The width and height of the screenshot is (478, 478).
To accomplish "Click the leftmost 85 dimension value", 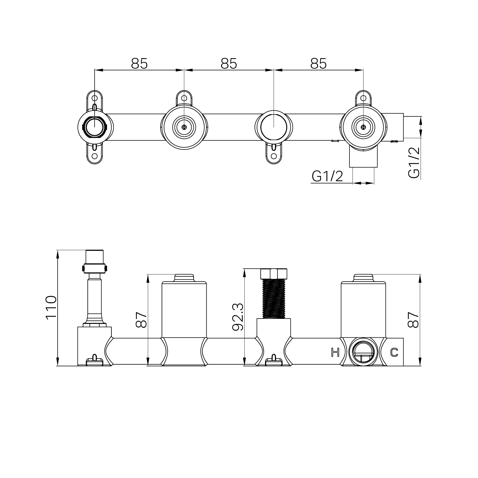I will [x=139, y=64].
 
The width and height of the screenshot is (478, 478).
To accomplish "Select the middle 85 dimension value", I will [x=229, y=64].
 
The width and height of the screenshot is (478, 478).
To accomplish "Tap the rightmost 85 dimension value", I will [x=318, y=64].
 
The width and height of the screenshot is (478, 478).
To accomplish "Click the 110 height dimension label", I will [x=51, y=308].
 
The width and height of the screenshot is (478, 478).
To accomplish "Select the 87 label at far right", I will [x=413, y=320].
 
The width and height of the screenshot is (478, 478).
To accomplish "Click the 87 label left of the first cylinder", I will [x=141, y=320].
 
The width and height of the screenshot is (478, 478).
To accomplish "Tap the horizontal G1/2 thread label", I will [x=327, y=177].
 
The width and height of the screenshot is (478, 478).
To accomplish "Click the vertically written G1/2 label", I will [x=414, y=163].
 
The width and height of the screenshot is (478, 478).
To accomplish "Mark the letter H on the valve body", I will [x=335, y=352].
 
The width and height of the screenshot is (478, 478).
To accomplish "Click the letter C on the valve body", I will [x=394, y=352].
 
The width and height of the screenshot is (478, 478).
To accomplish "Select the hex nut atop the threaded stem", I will [x=274, y=274].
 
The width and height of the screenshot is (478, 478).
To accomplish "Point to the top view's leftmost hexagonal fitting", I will [x=95, y=127].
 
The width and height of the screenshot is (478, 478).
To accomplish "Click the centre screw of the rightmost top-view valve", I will [x=363, y=127].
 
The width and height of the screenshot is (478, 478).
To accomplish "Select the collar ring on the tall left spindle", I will [x=95, y=268].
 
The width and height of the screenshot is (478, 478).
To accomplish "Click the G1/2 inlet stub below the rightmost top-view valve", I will [x=363, y=159].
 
